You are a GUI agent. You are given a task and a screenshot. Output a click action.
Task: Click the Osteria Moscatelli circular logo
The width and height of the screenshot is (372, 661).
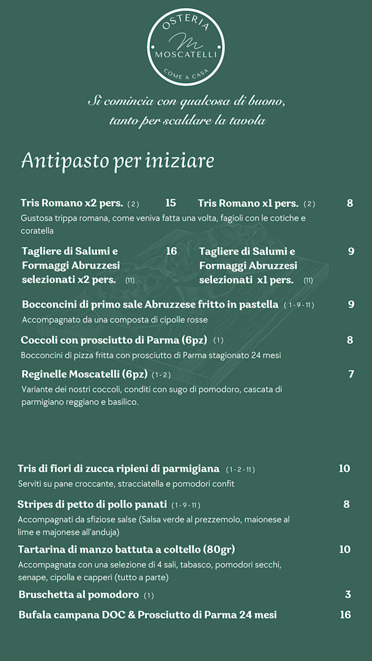(186, 47)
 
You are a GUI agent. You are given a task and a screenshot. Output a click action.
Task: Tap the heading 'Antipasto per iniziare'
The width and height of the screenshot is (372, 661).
(117, 161)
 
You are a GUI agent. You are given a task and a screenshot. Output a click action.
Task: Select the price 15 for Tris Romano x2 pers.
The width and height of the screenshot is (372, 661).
(170, 203)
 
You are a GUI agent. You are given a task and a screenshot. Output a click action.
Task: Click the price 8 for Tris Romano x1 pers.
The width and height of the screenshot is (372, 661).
(350, 203)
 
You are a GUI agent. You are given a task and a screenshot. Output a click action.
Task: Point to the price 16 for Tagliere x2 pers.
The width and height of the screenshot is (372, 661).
(171, 251)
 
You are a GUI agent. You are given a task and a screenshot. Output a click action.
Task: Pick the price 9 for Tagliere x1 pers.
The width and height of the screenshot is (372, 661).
(351, 251)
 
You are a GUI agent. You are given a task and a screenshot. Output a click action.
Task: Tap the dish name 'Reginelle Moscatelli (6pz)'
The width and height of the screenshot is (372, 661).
(84, 374)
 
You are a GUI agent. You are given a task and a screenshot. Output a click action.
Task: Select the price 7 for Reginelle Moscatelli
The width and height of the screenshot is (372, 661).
(351, 374)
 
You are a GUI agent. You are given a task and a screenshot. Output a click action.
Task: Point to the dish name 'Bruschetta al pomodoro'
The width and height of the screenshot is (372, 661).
(78, 595)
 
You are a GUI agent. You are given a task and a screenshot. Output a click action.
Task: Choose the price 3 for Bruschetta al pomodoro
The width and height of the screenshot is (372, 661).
(348, 595)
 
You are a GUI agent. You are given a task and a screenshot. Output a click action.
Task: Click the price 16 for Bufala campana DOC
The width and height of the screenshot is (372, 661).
(345, 615)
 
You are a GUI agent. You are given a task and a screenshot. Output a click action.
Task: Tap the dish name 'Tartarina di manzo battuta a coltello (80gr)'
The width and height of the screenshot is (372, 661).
(126, 549)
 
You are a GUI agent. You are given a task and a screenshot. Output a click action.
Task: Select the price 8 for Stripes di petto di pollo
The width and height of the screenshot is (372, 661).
(346, 504)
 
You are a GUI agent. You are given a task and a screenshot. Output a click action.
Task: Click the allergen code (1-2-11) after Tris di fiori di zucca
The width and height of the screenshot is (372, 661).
(241, 469)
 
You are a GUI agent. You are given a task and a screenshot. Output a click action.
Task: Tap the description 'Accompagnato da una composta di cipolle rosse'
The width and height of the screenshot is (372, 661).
(115, 319)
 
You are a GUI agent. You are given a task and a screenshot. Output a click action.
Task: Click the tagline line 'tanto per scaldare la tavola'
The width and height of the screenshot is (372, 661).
(187, 121)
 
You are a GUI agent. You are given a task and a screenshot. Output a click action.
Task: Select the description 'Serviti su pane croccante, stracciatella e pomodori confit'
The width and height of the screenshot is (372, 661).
(126, 483)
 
